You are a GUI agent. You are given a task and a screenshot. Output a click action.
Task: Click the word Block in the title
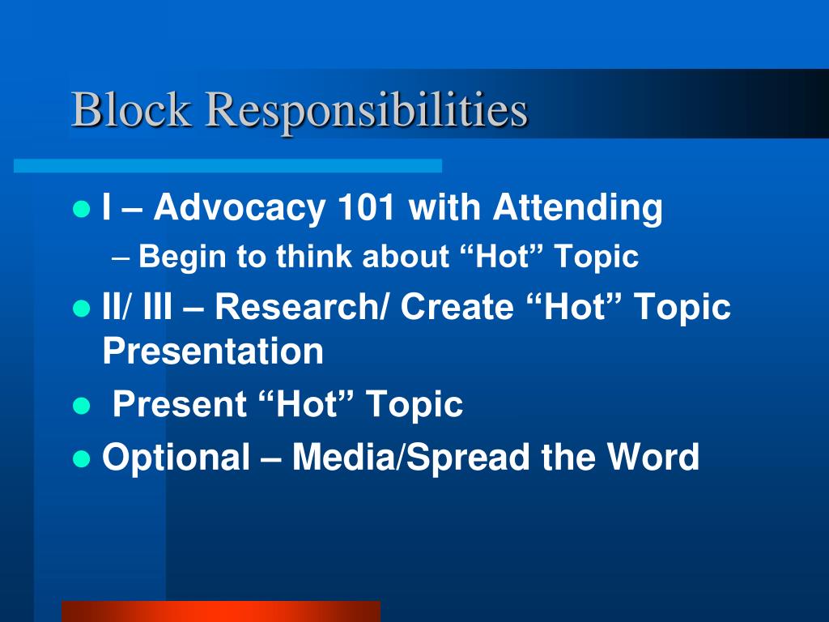[132, 110]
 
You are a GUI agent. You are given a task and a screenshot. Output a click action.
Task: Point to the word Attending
[578, 208]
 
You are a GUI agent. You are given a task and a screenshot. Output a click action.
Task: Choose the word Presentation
[213, 351]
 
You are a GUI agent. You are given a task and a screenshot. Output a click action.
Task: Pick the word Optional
[176, 458]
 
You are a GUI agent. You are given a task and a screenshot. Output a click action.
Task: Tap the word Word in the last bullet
[654, 458]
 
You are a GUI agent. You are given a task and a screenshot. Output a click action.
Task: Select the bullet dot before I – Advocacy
[80, 210]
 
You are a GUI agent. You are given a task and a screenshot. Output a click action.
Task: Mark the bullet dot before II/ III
[80, 309]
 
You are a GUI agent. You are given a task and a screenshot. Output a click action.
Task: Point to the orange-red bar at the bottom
[220, 611]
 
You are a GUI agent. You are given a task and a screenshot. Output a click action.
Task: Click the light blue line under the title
[227, 165]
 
